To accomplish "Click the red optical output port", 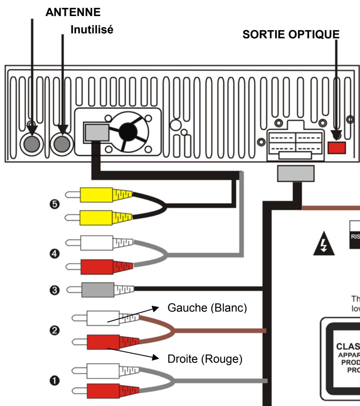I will [x=336, y=147].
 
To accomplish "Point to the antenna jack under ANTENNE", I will [x=32, y=143].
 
